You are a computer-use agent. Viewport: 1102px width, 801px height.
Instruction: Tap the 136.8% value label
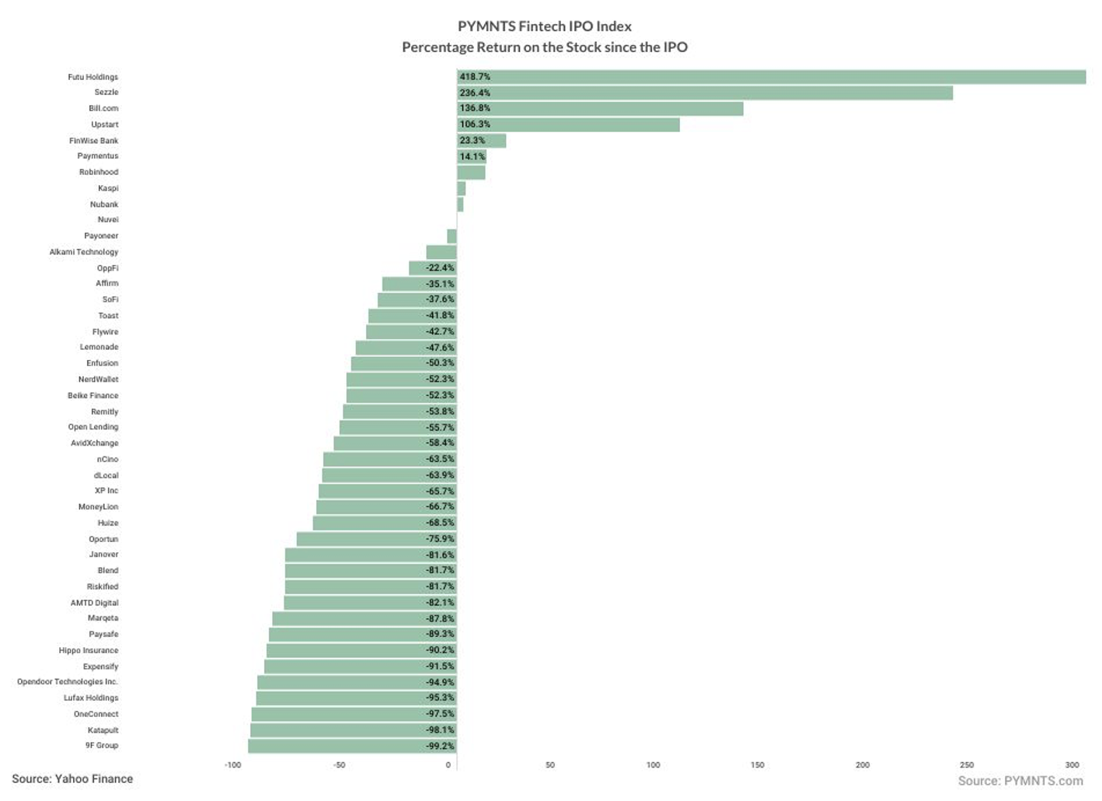click(475, 108)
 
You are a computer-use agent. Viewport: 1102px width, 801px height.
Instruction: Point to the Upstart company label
click(105, 124)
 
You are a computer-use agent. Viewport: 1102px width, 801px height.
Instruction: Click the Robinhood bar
click(471, 173)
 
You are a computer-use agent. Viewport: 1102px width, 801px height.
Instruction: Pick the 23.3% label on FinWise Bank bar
click(473, 141)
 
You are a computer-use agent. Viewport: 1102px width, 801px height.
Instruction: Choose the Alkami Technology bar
click(441, 252)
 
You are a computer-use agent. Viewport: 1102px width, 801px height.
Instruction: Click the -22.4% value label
click(440, 268)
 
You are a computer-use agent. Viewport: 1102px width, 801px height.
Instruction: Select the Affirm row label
click(107, 284)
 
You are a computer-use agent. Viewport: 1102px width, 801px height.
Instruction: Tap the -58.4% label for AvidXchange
click(440, 443)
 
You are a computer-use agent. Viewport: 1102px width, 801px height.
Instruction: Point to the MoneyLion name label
click(98, 507)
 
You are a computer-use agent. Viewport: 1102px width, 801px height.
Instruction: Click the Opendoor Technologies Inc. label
click(68, 682)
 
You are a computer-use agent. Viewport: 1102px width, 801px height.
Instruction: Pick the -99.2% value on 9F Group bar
click(440, 746)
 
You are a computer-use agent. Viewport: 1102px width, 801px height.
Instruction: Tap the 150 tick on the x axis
click(757, 765)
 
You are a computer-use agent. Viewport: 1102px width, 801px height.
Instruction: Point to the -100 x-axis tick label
click(232, 765)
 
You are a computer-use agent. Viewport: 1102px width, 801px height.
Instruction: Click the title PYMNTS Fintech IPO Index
click(544, 26)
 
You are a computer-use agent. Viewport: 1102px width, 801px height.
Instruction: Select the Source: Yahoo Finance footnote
click(72, 779)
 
